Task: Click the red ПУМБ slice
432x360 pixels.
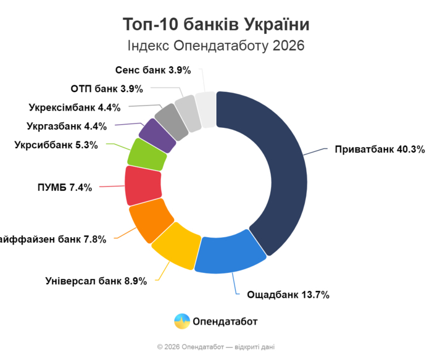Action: click(x=143, y=185)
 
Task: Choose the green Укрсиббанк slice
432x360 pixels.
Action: click(x=147, y=154)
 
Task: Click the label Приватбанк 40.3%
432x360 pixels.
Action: click(x=380, y=149)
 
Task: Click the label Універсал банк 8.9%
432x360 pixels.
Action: click(x=96, y=281)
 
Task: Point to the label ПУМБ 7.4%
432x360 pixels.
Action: click(x=60, y=187)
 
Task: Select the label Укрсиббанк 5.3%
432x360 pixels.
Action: click(x=59, y=145)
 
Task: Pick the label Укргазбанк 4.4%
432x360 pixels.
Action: click(x=67, y=126)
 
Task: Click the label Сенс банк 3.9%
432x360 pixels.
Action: click(x=153, y=70)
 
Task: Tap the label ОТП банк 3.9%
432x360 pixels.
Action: click(x=107, y=88)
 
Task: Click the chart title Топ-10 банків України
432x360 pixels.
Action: click(x=216, y=25)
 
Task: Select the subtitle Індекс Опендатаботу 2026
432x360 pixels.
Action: click(x=216, y=46)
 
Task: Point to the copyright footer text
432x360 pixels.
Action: click(x=216, y=347)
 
